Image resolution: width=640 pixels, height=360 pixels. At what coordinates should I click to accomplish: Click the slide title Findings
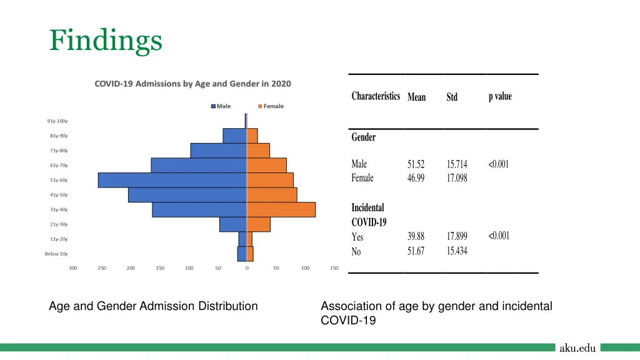(x=106, y=41)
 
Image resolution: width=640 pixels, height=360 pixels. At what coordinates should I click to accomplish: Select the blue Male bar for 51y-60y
(x=172, y=180)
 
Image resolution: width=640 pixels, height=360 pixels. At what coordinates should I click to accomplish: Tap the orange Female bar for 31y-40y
(x=281, y=209)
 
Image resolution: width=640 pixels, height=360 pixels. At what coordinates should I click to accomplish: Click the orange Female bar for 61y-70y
(x=267, y=165)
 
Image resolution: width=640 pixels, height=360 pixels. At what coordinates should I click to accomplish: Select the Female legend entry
(x=270, y=106)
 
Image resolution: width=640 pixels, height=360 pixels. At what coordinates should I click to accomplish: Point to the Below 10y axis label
(x=56, y=254)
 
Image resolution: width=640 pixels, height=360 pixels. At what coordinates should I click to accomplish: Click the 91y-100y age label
(x=57, y=121)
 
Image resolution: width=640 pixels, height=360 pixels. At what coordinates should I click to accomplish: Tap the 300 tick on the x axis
(x=73, y=268)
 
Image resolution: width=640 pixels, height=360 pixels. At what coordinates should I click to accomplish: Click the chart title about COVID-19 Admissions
(x=192, y=84)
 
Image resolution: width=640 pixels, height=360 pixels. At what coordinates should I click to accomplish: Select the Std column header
(x=452, y=97)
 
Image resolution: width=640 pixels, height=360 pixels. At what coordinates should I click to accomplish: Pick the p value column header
(x=500, y=96)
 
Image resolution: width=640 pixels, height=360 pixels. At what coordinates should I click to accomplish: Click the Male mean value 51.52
(x=416, y=164)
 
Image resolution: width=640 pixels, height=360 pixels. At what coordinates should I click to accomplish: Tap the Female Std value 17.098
(x=457, y=178)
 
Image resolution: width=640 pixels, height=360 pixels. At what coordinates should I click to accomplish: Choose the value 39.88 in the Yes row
(x=416, y=236)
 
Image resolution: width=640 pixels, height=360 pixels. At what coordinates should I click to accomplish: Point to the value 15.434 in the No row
(x=457, y=251)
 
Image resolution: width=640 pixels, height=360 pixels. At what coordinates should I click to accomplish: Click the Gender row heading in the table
(x=364, y=137)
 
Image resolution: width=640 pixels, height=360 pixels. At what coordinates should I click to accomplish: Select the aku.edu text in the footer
(x=577, y=348)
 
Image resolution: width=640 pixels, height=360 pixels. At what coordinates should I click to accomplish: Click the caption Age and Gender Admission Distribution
(x=153, y=306)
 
